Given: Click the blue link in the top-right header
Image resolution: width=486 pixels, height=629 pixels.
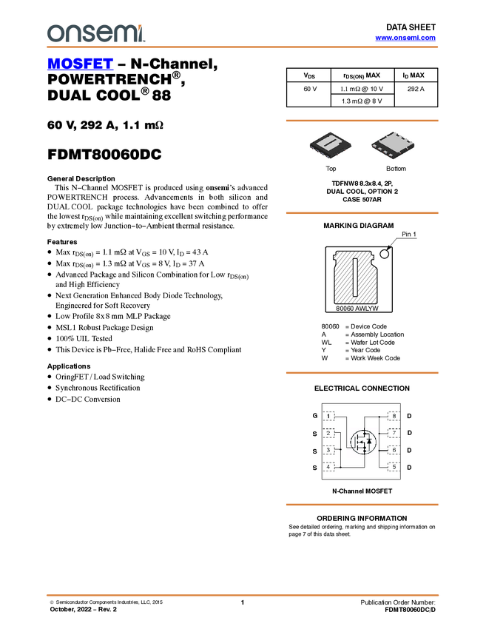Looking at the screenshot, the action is [x=405, y=38].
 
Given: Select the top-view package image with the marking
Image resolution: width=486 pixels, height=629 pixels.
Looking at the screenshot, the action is [x=330, y=145].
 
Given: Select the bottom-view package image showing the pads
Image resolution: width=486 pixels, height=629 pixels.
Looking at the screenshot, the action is [x=393, y=145].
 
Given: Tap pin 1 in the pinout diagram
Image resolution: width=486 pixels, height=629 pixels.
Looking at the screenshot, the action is [x=328, y=417].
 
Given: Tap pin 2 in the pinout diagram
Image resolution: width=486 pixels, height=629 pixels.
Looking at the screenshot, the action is [x=328, y=433].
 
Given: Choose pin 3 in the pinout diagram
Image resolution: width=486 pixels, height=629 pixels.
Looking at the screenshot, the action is [x=328, y=449].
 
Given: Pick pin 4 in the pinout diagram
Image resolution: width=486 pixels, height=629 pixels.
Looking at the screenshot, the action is [x=328, y=466].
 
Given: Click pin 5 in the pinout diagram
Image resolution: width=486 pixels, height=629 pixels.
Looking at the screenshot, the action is [x=394, y=466].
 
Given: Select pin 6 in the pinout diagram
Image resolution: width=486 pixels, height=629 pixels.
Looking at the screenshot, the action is [x=394, y=449].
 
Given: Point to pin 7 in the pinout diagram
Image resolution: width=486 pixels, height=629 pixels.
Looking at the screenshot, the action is [x=394, y=433].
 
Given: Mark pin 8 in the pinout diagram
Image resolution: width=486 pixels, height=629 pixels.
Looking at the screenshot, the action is [x=394, y=417].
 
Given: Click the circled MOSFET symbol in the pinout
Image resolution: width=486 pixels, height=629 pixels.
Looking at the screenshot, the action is [x=362, y=443].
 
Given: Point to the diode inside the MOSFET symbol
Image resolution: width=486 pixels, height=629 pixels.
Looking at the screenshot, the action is [x=370, y=442].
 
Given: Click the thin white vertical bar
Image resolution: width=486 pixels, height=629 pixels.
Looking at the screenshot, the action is [x=356, y=277].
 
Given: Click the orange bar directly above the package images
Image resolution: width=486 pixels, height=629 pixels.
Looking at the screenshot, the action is [x=362, y=121].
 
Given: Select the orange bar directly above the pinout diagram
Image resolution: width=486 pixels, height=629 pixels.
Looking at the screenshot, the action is [x=362, y=373].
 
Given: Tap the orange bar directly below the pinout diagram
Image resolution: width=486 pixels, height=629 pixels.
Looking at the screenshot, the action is [x=362, y=505].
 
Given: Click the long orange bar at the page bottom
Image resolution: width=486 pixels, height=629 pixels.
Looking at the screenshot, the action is [x=243, y=595].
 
